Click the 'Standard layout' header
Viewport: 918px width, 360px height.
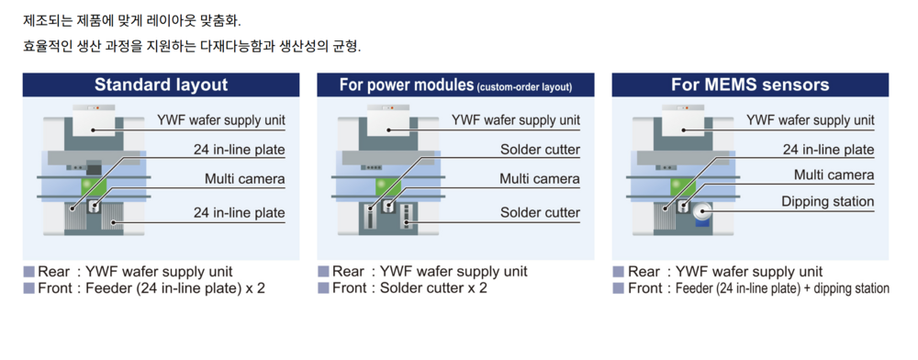click(161, 84)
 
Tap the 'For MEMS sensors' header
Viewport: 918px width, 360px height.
click(750, 84)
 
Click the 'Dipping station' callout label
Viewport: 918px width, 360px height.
click(827, 202)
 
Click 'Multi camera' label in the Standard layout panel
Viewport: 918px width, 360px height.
click(245, 178)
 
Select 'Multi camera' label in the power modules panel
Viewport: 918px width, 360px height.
click(539, 178)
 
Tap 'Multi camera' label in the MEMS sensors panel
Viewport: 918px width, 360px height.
click(834, 175)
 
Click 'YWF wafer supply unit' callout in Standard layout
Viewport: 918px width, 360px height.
click(221, 120)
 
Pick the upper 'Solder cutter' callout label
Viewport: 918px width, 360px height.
click(540, 150)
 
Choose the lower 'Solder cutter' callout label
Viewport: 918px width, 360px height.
click(540, 212)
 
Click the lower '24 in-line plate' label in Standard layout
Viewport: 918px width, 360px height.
click(240, 212)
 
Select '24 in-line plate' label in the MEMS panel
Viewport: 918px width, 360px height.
click(828, 150)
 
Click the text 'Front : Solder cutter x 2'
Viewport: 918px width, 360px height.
click(409, 288)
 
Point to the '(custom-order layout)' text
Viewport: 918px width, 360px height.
click(524, 88)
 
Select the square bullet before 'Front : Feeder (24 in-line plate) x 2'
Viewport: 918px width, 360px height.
click(28, 288)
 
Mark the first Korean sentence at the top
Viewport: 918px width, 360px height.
click(131, 22)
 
